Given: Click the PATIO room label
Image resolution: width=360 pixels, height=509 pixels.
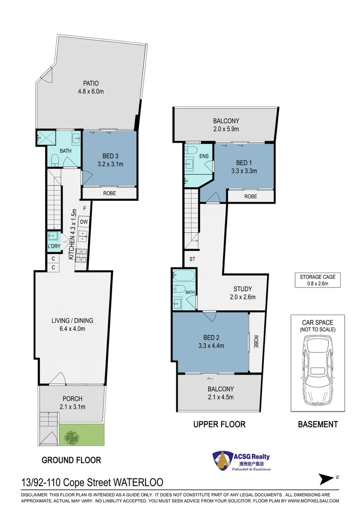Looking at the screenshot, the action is click(x=91, y=83).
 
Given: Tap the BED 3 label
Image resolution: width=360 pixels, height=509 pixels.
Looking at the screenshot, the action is click(x=110, y=156).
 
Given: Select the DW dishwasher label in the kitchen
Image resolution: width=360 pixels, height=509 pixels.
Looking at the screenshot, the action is click(x=84, y=222).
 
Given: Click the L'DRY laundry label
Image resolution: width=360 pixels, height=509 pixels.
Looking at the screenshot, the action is click(x=54, y=246).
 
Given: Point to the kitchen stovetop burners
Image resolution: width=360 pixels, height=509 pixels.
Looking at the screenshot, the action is click(x=81, y=255).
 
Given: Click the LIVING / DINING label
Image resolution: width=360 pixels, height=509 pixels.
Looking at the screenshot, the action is click(x=73, y=321).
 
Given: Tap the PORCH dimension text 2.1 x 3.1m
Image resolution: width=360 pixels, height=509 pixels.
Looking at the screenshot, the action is click(x=73, y=407).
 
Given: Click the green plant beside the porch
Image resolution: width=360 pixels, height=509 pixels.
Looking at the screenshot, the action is click(x=72, y=437).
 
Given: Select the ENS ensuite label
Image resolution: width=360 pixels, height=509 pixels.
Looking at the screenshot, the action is click(x=204, y=156).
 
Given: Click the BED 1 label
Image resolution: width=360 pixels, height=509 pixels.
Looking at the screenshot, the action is click(x=244, y=163).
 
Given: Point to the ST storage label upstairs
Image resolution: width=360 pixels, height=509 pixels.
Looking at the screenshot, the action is click(x=192, y=259).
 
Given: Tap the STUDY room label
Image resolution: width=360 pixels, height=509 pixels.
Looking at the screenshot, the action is click(x=243, y=289).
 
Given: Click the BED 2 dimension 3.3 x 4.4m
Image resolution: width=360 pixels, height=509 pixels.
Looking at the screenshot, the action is click(x=211, y=346).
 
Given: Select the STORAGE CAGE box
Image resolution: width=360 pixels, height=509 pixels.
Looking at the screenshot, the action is click(x=318, y=280).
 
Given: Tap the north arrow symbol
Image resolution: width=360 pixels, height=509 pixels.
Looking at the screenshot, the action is click(x=327, y=479).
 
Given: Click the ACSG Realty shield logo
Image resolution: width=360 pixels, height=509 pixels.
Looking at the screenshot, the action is click(x=222, y=460).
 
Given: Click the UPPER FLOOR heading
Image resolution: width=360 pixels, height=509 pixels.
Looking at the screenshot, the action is click(x=220, y=424).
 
